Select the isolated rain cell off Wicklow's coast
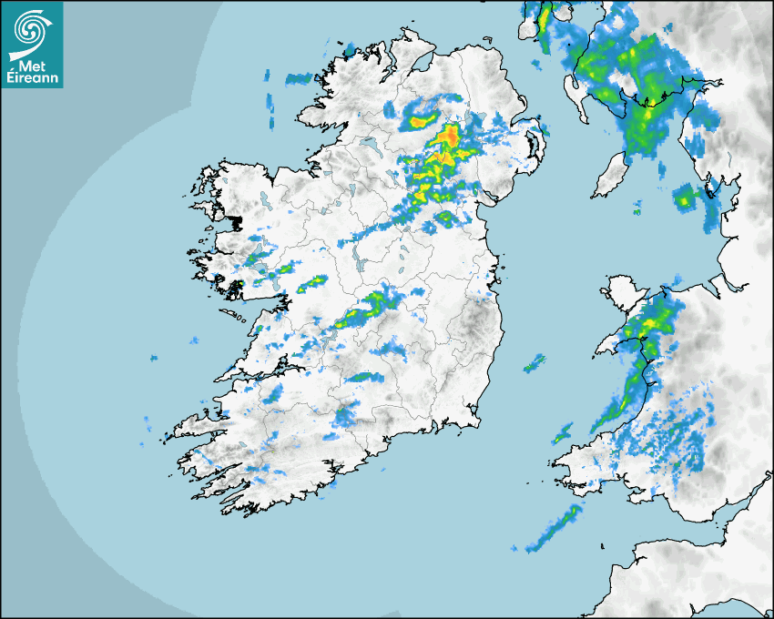pos(534,364)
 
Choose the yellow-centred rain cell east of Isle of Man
pos(684,195)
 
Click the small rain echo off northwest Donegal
pos(297,79)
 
